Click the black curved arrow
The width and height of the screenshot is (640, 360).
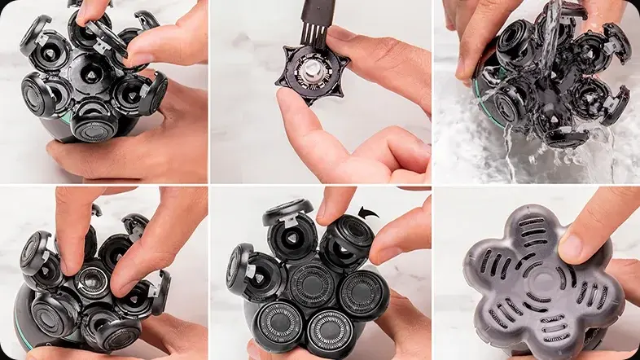pyautogui.click(x=368, y=213)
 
